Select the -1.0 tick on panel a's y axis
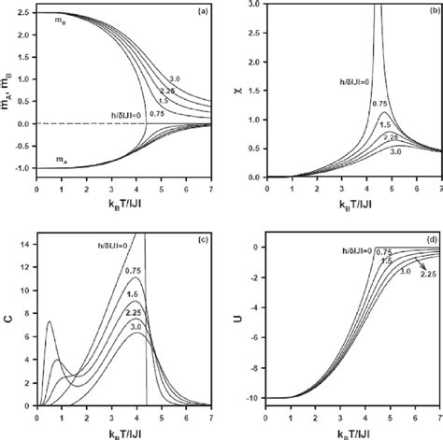21,169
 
